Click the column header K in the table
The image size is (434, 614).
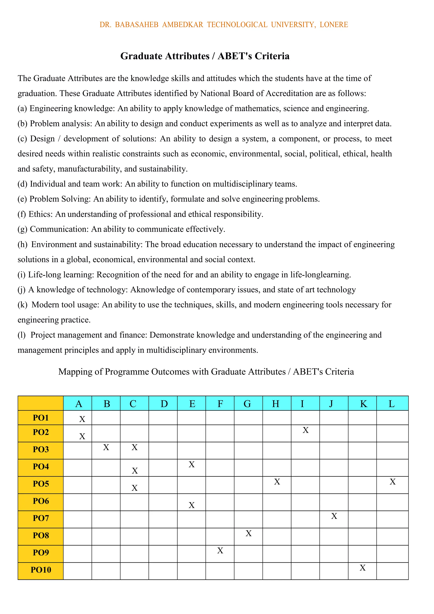(363, 404)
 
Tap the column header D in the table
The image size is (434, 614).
(164, 404)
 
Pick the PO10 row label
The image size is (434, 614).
(41, 570)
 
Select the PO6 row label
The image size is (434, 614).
(41, 501)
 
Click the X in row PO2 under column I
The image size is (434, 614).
(306, 430)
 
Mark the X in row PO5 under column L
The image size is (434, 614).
(392, 482)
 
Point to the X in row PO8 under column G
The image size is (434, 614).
(248, 534)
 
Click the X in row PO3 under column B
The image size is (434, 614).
(106, 447)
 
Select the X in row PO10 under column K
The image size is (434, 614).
(363, 568)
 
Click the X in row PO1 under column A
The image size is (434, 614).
(82, 419)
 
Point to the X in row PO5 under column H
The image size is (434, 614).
(277, 482)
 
